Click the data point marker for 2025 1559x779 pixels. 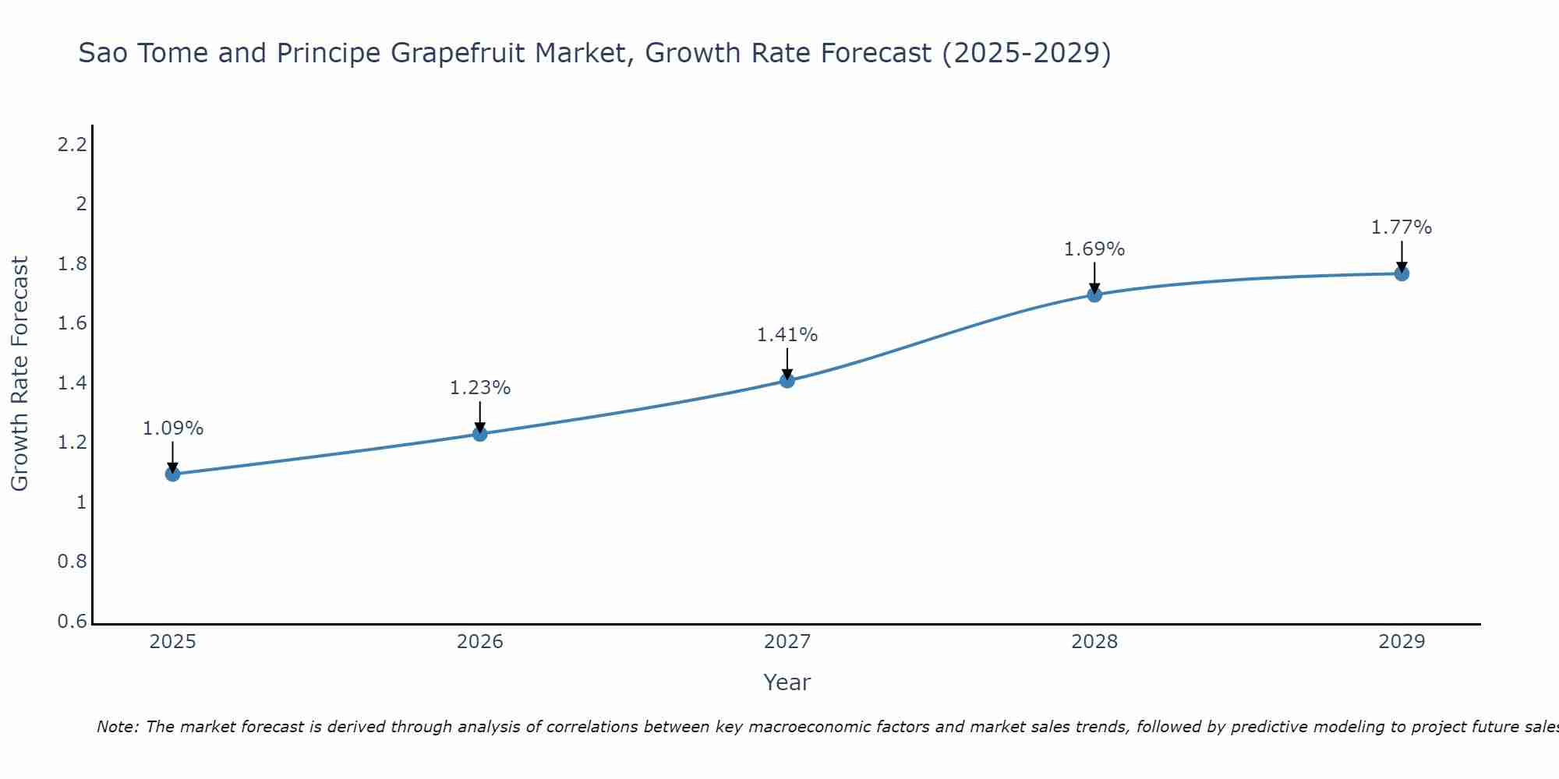(x=173, y=474)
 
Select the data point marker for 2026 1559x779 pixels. (x=480, y=434)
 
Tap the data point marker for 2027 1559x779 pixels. (x=787, y=380)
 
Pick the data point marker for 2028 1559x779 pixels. (x=1094, y=294)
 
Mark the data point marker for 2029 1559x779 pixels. (x=1402, y=273)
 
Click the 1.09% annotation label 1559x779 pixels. (x=173, y=428)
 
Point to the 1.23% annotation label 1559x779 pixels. (x=480, y=388)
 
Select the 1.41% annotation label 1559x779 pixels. (x=787, y=335)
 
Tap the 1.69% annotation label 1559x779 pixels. (x=1094, y=249)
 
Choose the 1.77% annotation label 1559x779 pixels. (x=1402, y=227)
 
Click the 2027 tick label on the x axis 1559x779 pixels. (x=787, y=642)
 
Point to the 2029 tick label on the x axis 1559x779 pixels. (x=1402, y=642)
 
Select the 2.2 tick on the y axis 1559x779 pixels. (x=72, y=144)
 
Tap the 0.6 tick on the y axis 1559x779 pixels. (x=72, y=622)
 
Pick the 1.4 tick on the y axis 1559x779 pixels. (x=72, y=383)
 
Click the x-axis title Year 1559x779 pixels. (x=787, y=682)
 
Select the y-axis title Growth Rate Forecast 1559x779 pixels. (x=20, y=374)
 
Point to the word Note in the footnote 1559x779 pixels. (x=117, y=727)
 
